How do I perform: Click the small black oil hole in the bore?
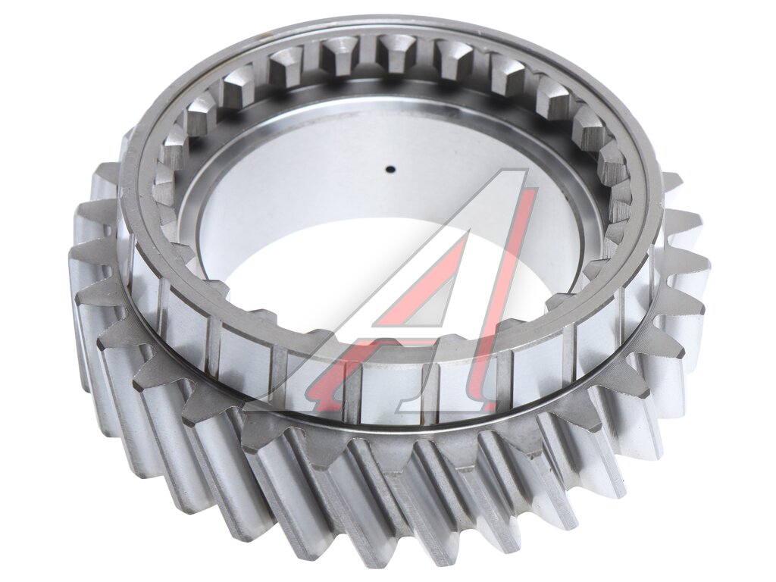(390, 170)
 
